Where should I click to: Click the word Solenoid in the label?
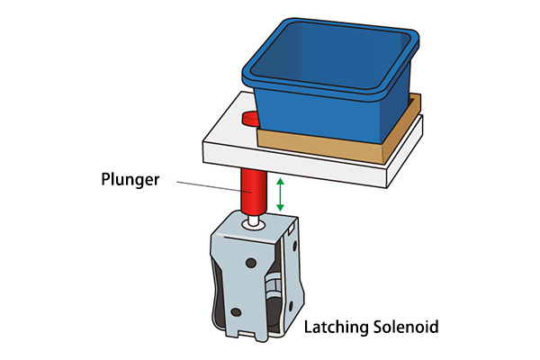pos(407,327)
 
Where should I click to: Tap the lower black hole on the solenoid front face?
pos(236,311)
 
